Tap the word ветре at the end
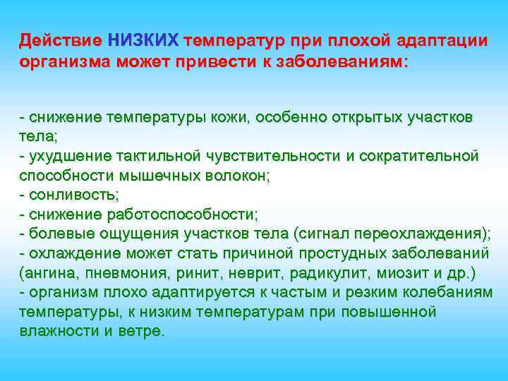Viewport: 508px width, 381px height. tap(142, 331)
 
